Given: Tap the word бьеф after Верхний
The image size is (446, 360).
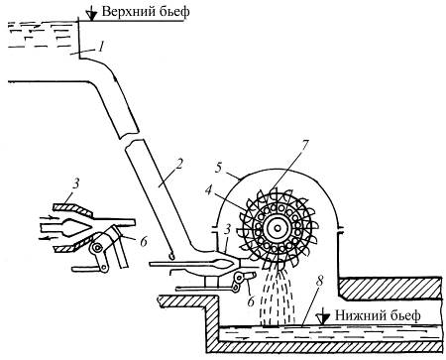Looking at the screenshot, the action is click(x=173, y=11).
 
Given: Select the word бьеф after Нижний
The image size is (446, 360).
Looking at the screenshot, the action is click(x=403, y=315).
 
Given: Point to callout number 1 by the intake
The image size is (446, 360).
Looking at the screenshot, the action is click(x=101, y=46).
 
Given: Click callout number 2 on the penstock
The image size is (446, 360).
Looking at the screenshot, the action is click(x=178, y=165).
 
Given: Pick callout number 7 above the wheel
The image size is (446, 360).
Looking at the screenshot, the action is click(x=305, y=146).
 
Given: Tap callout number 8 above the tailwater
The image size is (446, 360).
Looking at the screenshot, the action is click(x=319, y=282).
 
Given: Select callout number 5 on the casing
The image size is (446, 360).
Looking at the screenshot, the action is click(x=218, y=168).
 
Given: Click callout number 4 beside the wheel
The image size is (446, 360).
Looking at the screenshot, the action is click(x=208, y=190).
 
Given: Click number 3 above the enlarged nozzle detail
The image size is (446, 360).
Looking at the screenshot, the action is click(x=76, y=183).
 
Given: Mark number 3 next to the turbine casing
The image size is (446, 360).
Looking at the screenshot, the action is click(x=226, y=230).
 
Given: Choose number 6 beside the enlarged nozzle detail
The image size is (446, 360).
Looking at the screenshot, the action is click(x=144, y=242).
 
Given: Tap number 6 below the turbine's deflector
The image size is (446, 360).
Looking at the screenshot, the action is click(x=251, y=301).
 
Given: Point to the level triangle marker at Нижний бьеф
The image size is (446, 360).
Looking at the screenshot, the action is click(x=323, y=317).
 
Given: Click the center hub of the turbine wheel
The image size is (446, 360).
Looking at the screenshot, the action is click(x=278, y=228).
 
